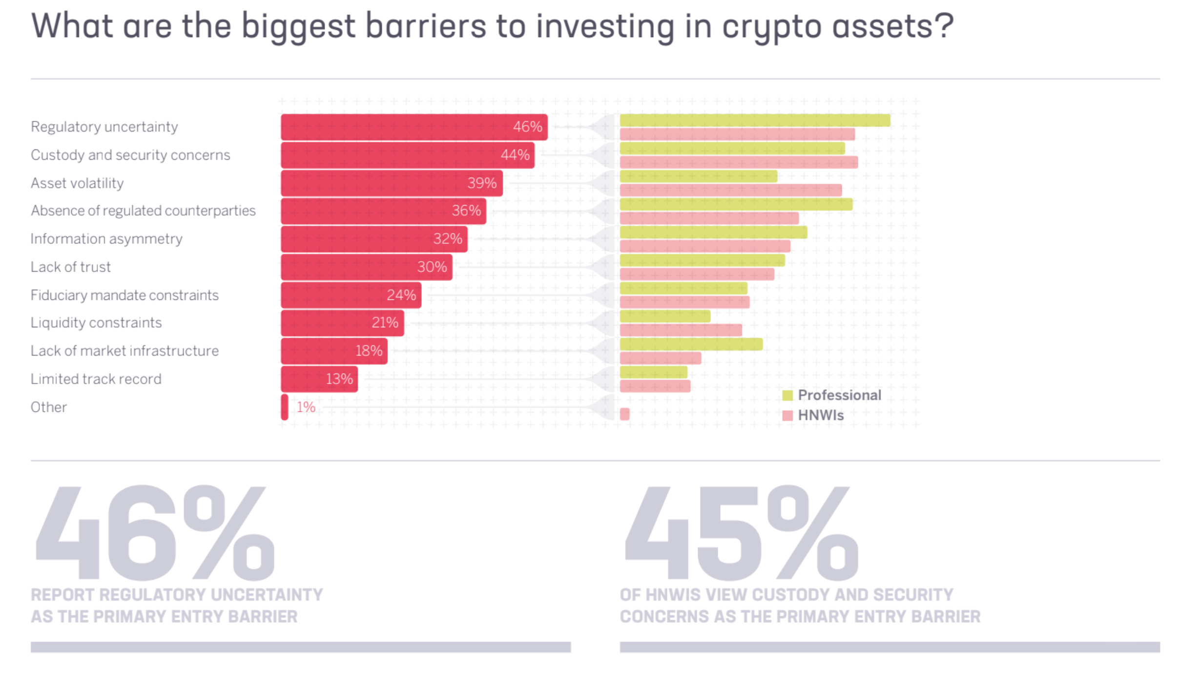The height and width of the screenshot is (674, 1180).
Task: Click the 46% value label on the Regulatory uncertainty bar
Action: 527,127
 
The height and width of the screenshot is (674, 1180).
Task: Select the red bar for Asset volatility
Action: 391,183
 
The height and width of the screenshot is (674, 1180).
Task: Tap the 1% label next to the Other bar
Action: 306,407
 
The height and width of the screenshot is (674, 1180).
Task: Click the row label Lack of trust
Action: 71,267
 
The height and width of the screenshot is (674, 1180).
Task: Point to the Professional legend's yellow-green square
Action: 787,396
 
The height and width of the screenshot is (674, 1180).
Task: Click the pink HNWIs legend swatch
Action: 787,416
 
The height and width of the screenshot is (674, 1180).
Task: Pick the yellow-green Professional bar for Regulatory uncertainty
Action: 754,120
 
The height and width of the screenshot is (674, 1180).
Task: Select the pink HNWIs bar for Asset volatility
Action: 730,190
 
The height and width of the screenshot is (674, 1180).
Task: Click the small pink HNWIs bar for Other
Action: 624,414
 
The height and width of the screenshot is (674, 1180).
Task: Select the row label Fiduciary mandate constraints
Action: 124,295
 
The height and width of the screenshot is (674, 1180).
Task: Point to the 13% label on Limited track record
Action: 339,379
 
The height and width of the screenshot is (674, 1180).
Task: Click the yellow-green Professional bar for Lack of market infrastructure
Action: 691,344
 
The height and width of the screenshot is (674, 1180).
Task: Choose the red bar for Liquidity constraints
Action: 342,323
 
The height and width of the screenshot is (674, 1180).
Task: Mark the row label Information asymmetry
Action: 106,239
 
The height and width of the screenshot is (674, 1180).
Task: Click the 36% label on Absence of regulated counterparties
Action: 466,211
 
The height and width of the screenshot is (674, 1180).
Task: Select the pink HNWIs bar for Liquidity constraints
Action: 681,330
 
